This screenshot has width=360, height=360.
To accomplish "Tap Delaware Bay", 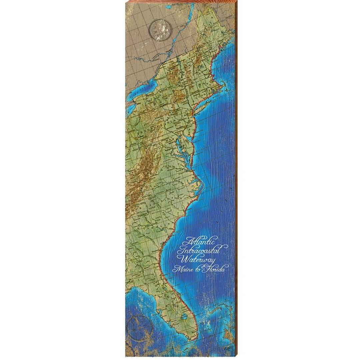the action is pyautogui.click(x=189, y=133).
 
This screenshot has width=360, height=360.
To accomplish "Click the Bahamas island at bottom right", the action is pyautogui.click(x=228, y=340).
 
